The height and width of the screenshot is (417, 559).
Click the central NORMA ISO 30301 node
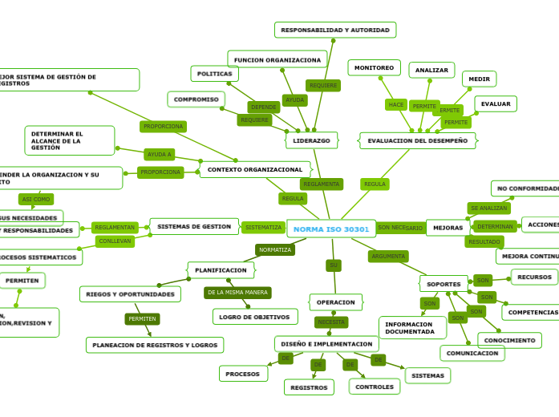coord(331,229)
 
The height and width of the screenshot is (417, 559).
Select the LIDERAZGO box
coord(311,140)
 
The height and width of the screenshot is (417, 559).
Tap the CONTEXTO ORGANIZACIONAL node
coord(255,169)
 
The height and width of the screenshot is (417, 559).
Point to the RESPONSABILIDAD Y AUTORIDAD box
coord(335,30)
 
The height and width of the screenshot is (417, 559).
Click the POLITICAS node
coord(214,74)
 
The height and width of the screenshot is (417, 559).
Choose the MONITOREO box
coord(374,67)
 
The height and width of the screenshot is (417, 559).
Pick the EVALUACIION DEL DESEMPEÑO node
coord(417,140)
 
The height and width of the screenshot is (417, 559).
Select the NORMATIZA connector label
coord(275,249)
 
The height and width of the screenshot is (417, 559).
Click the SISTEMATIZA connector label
coord(263,227)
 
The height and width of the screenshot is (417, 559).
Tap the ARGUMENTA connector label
coord(388,257)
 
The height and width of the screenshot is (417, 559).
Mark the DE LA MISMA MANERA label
coord(237,293)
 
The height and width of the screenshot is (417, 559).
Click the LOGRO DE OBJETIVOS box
coord(255,317)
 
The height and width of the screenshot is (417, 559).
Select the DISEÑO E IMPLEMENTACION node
coord(326,343)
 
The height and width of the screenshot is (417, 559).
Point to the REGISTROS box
coord(309,387)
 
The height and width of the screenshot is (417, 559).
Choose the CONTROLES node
coord(375,387)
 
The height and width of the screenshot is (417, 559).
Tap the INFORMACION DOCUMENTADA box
coord(412,328)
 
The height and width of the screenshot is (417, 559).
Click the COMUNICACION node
coord(472,353)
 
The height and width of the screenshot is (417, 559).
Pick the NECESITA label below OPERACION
coord(331,322)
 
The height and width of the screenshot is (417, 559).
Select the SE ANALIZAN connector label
coord(488,208)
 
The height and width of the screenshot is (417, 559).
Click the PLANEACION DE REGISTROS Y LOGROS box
coord(155,345)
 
